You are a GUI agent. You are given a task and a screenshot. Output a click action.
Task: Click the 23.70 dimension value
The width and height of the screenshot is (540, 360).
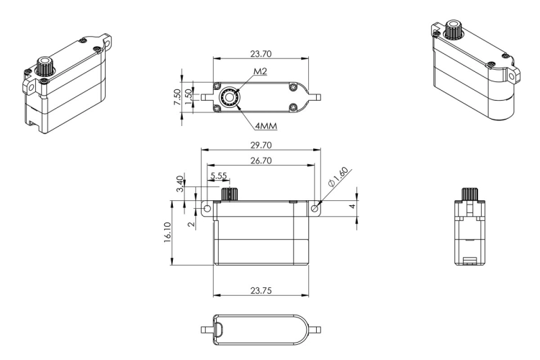pyautogui.click(x=261, y=54)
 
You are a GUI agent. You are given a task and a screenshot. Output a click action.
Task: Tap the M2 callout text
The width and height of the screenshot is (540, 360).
pyautogui.click(x=261, y=71)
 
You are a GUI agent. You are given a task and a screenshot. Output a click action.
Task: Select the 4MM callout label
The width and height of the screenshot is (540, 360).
pyautogui.click(x=266, y=126)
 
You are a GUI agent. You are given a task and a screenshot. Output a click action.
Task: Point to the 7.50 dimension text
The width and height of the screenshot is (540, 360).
pyautogui.click(x=177, y=97)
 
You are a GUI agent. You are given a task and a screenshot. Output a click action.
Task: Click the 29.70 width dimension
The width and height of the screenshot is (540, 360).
pyautogui.click(x=261, y=145)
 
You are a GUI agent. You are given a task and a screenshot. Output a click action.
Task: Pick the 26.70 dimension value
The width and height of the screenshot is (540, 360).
pyautogui.click(x=261, y=161)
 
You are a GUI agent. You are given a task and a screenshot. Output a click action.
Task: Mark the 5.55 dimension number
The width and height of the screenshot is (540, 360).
pyautogui.click(x=219, y=176)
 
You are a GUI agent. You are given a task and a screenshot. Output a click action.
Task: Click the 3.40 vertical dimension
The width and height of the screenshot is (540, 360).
pyautogui.click(x=180, y=184)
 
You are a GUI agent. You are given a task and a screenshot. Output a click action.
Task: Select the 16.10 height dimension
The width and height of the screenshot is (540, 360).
pyautogui.click(x=168, y=233)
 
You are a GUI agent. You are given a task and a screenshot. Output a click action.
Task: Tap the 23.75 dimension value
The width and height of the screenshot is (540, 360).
pyautogui.click(x=261, y=291)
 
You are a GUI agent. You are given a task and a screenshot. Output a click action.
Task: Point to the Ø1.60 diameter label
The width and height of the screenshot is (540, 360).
pyautogui.click(x=338, y=177)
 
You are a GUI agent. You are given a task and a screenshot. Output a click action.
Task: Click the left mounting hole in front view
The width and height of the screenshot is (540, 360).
pyautogui.click(x=207, y=209)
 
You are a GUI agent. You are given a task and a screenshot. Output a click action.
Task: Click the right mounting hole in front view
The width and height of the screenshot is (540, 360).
pyautogui.click(x=315, y=209)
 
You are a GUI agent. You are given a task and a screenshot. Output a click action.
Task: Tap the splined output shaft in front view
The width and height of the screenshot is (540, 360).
pyautogui.click(x=230, y=194)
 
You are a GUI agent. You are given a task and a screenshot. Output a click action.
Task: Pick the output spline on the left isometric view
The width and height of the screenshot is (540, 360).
pyautogui.click(x=44, y=66)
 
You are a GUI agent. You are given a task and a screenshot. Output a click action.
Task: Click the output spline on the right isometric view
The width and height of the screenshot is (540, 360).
pyautogui.click(x=454, y=30)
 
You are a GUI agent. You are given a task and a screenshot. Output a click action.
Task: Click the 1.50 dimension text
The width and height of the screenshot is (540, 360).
pyautogui.click(x=189, y=97)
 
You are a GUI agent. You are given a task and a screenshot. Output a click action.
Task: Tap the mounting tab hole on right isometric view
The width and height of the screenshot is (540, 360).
pyautogui.click(x=513, y=76)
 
